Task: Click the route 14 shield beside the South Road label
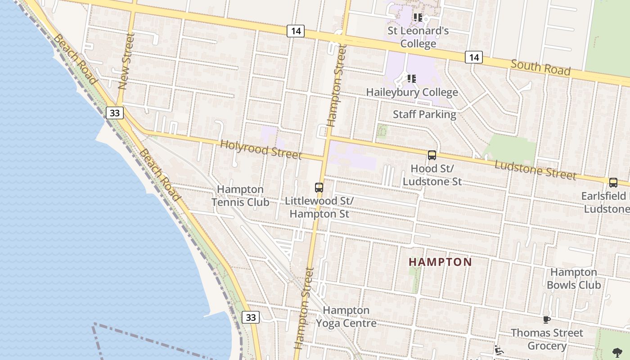[473, 57]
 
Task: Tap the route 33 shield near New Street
[115, 112]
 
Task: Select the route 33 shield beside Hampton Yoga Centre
[251, 317]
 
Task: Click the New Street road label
[126, 62]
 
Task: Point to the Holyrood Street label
[261, 149]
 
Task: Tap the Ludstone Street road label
[535, 170]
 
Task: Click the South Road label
[540, 67]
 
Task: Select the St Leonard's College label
[418, 37]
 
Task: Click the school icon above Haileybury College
[411, 79]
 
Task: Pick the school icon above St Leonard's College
[418, 18]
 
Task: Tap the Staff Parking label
[424, 114]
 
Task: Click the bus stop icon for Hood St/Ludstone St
[432, 155]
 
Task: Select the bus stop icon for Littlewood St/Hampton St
[319, 188]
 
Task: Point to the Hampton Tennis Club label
[240, 196]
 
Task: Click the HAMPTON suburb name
[441, 262]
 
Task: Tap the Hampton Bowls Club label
[573, 279]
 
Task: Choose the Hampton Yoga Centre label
[346, 317]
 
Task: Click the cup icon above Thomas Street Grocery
[546, 319]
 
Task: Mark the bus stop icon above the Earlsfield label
[613, 183]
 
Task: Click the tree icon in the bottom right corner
[617, 352]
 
